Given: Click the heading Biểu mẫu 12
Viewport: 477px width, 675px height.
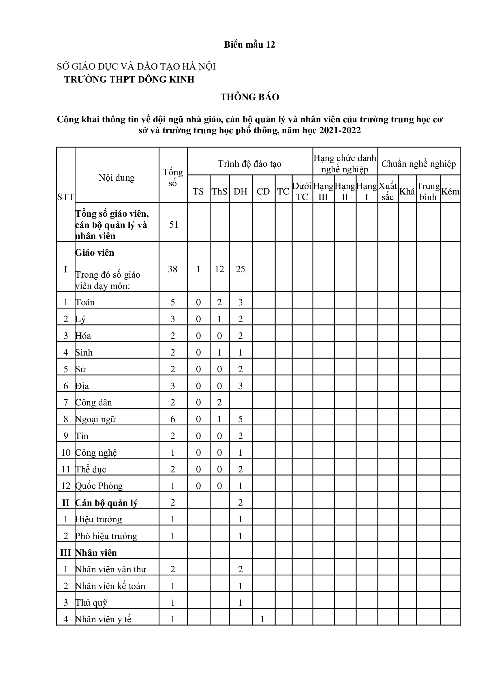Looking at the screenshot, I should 249,44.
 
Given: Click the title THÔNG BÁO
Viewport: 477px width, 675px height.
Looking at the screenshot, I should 250,97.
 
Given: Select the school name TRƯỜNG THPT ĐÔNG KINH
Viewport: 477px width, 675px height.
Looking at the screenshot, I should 129,79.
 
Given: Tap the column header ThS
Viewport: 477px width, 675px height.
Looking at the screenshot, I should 219,191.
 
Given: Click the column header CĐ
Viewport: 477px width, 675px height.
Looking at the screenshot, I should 263,191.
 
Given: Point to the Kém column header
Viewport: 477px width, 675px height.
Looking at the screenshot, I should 450,191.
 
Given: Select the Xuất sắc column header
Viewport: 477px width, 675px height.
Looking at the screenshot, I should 388,191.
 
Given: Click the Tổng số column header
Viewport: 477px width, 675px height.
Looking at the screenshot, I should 173,177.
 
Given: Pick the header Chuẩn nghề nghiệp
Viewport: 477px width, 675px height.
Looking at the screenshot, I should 418,164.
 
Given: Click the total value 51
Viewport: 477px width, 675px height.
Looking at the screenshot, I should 174,225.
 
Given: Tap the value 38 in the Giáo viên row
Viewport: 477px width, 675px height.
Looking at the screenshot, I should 173,269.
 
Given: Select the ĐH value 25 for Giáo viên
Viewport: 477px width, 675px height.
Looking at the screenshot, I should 240,269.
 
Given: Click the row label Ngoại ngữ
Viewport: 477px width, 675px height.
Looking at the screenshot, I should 95,419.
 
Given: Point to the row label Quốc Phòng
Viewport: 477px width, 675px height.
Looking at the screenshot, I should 99,486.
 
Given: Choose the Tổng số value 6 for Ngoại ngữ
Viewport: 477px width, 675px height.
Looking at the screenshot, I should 173,419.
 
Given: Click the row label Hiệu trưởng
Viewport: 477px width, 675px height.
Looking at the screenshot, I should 98,519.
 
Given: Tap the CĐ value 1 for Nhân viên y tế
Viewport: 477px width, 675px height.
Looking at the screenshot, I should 262,619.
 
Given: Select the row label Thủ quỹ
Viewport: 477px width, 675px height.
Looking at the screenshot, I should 91,603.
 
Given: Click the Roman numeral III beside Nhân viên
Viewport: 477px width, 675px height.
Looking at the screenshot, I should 65,553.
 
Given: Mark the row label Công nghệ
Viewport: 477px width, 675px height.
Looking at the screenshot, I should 96,453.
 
